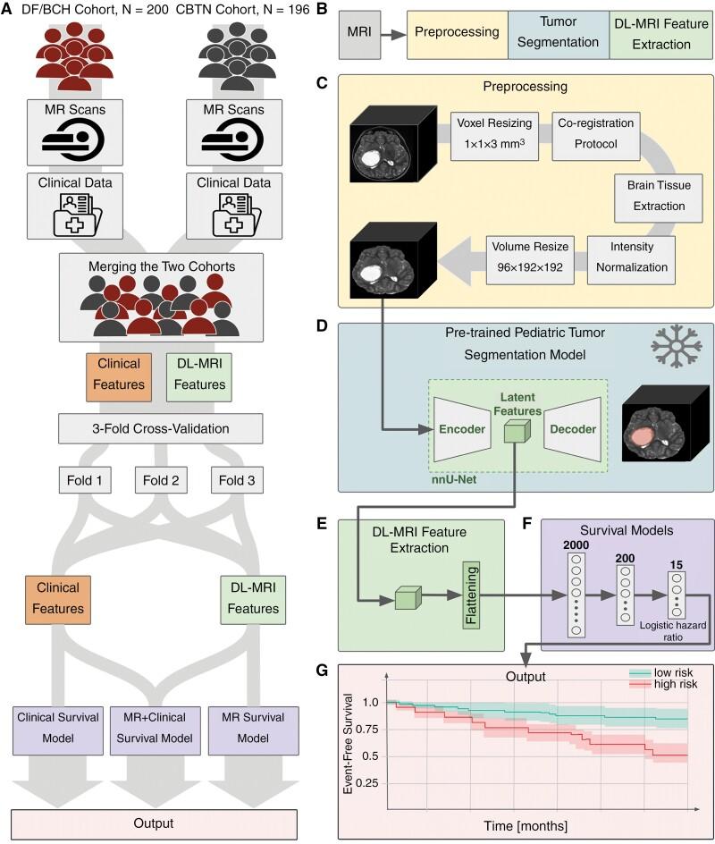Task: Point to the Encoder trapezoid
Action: tap(460, 429)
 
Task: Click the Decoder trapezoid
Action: tap(572, 429)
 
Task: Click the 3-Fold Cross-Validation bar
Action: tap(161, 429)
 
